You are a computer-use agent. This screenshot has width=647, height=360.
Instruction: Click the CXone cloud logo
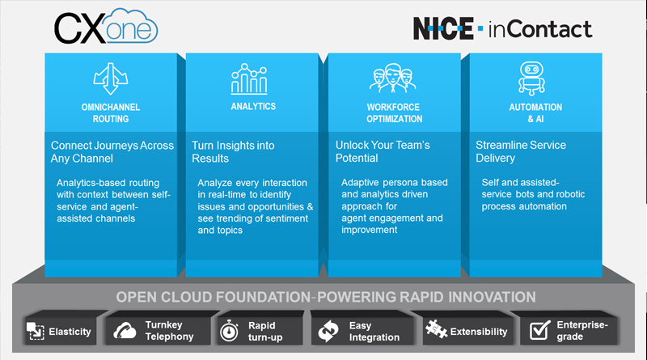tap(106, 27)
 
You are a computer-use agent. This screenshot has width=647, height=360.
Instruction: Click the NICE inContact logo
tap(502, 28)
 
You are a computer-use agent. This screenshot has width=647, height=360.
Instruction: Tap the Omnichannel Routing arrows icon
tap(111, 78)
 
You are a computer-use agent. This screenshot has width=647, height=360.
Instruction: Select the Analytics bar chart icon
tap(249, 78)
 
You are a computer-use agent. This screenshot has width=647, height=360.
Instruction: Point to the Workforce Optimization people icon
tap(393, 78)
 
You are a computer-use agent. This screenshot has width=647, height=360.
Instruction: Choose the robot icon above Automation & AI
tap(531, 78)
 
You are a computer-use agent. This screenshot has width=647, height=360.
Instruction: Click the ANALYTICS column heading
tap(253, 107)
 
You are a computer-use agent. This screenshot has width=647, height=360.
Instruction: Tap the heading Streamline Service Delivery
tap(521, 151)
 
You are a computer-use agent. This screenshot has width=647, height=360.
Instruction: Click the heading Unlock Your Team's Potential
tap(383, 151)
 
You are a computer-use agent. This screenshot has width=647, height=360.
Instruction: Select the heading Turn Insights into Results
tap(233, 152)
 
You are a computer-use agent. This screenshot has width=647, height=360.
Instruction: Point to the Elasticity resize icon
tap(36, 331)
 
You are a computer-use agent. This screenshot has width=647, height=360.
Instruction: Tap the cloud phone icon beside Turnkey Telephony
tap(125, 331)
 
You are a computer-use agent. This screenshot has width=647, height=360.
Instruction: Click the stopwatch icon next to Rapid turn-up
tap(229, 331)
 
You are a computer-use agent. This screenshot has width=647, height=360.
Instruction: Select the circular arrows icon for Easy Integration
tap(328, 331)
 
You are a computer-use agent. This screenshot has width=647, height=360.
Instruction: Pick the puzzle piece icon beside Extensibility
tap(436, 329)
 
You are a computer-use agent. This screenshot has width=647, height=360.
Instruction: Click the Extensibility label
tap(479, 332)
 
